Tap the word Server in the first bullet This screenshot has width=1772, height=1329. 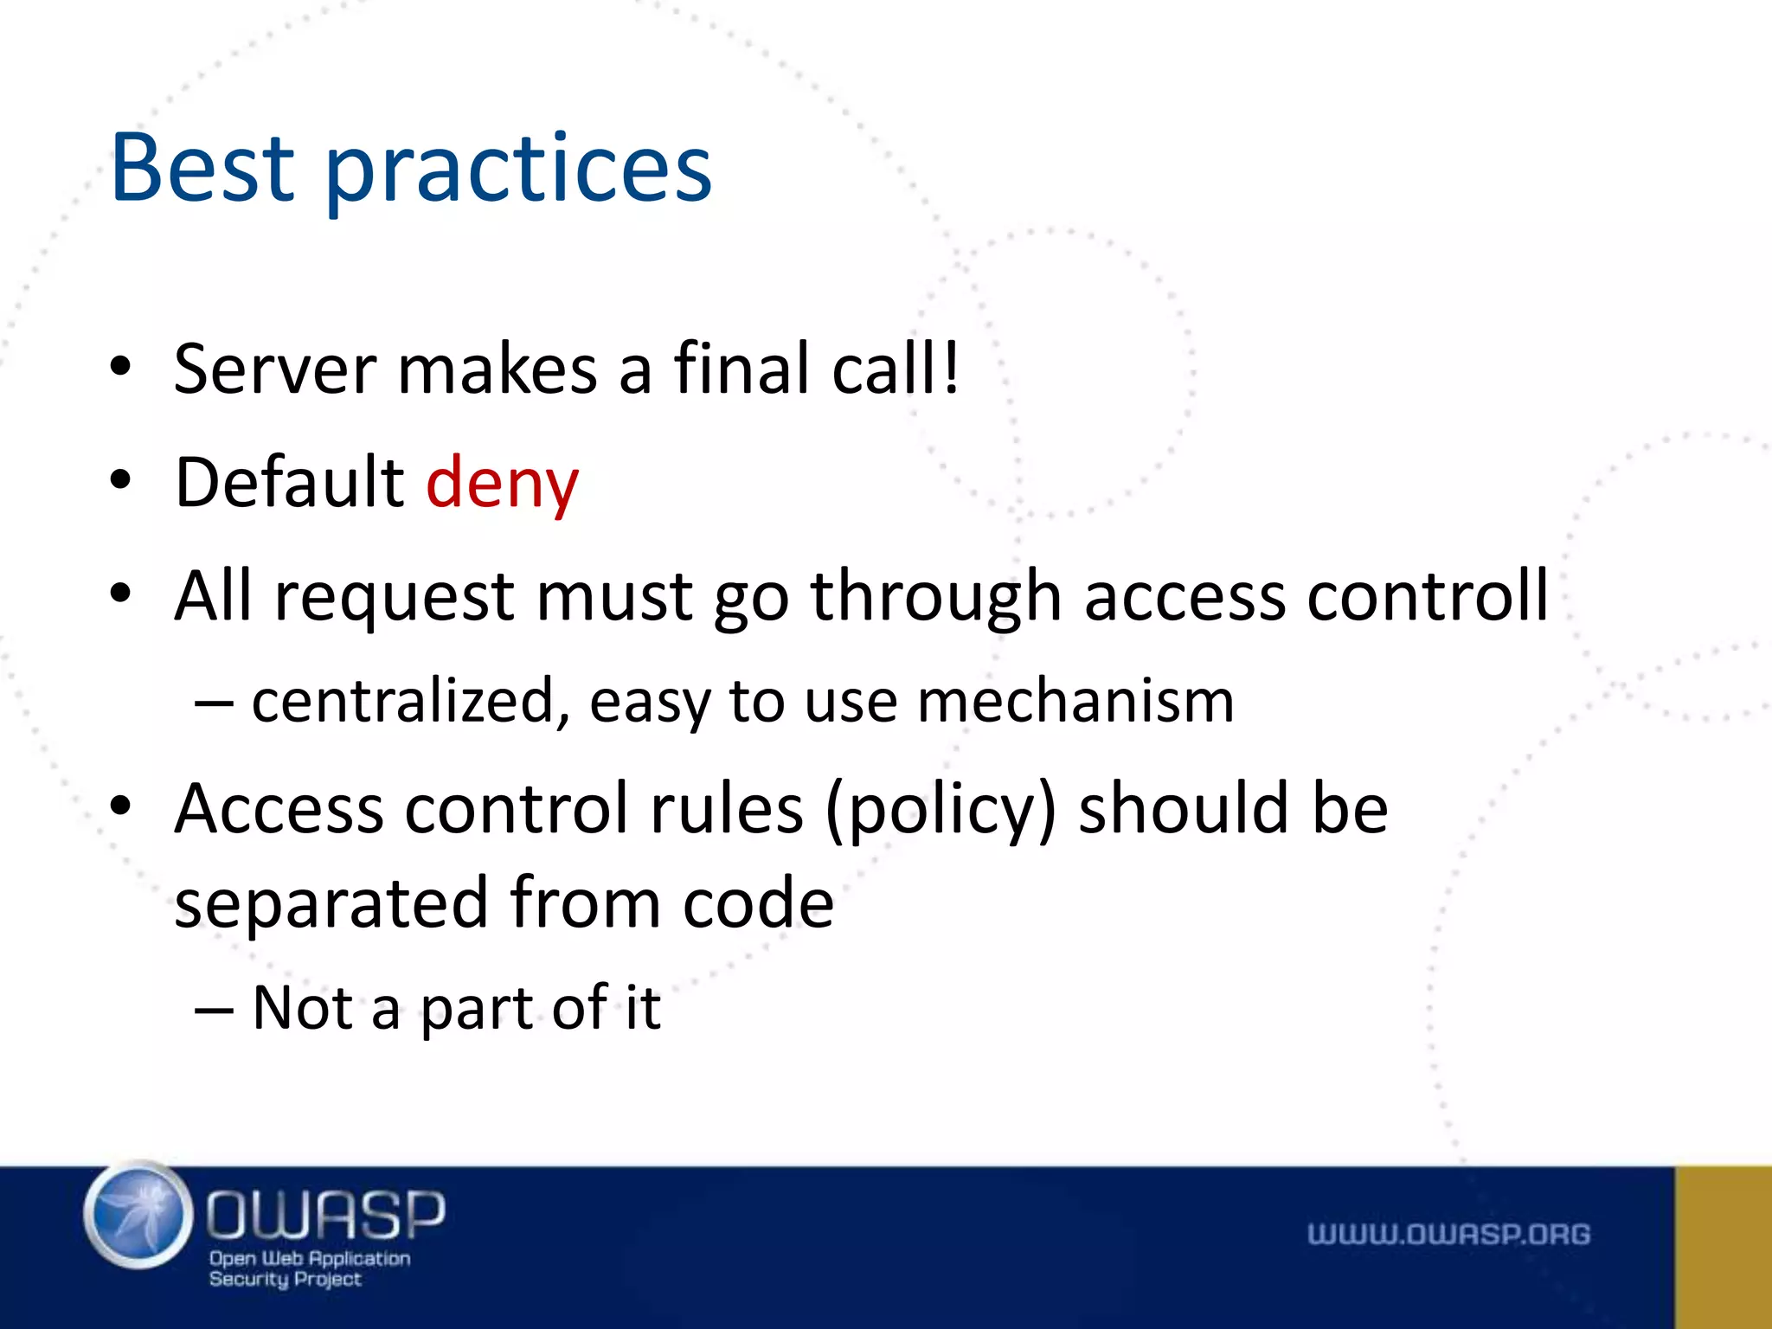tap(274, 369)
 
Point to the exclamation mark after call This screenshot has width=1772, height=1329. tap(951, 367)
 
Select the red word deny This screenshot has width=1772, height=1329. tap(502, 484)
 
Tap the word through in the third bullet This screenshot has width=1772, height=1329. tap(935, 598)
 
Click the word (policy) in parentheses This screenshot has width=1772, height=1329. tap(941, 810)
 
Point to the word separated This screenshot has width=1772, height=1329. tap(331, 902)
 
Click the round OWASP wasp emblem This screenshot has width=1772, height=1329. tap(138, 1215)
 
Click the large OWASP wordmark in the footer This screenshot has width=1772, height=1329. tap(325, 1214)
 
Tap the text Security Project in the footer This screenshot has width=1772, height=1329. tap(285, 1279)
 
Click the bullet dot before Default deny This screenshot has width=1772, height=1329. tap(120, 480)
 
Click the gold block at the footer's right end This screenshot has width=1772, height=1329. tap(1723, 1247)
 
